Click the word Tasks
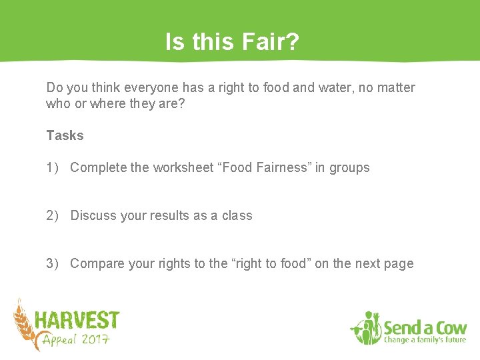pyautogui.click(x=65, y=135)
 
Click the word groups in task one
pyautogui.click(x=349, y=167)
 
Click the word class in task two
pyautogui.click(x=237, y=215)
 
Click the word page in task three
pyautogui.click(x=399, y=263)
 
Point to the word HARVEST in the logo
pyautogui.click(x=77, y=321)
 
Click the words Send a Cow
pyautogui.click(x=425, y=328)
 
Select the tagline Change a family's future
pyautogui.click(x=425, y=341)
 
